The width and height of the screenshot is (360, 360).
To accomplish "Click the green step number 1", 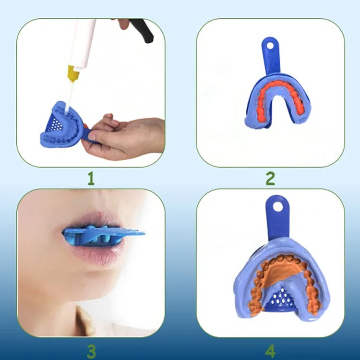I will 91,180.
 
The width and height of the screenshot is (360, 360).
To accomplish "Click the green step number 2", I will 270,179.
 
